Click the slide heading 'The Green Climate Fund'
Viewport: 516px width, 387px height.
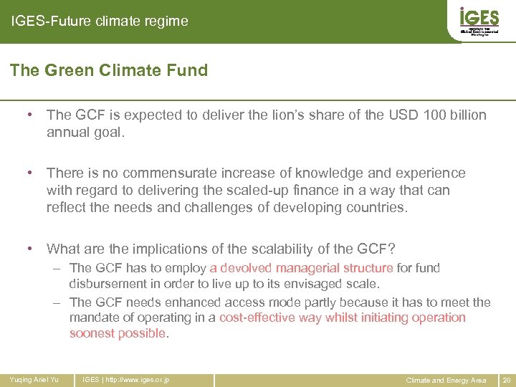[109, 70]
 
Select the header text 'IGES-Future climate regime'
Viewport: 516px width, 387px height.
[100, 21]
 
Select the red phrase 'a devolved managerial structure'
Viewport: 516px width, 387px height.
[301, 268]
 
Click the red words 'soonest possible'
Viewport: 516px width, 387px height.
[118, 333]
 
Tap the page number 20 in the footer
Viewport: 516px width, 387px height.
[507, 379]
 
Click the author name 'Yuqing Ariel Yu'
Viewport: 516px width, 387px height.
[34, 379]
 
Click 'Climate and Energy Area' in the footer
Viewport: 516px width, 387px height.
[446, 379]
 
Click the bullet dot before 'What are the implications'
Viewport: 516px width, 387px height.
[30, 249]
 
